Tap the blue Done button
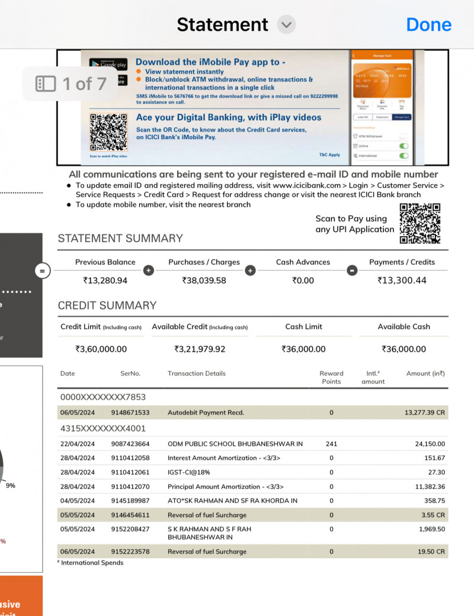pos(428,24)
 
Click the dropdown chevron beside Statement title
pos(286,25)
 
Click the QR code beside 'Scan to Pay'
pos(420,224)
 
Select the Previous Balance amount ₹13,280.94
pos(105,280)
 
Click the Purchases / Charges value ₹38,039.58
pos(204,280)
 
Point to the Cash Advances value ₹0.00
pos(303,280)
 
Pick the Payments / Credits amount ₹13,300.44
pos(402,280)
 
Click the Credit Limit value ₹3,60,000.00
pos(101,349)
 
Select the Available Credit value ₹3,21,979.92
pos(200,349)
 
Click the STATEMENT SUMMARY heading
pos(120,238)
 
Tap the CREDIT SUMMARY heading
pos(107,305)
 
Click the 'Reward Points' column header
pos(331,378)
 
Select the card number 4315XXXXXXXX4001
pos(103,428)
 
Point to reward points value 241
pos(331,444)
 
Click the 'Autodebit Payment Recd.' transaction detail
pos(206,412)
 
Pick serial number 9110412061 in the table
pos(130,472)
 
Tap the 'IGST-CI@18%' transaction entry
pos(189,472)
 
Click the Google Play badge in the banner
pos(108,64)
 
